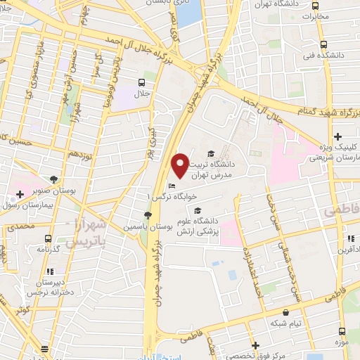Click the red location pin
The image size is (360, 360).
coord(180,165)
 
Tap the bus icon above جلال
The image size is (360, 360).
coord(143,82)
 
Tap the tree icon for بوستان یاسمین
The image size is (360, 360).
coord(148,216)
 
